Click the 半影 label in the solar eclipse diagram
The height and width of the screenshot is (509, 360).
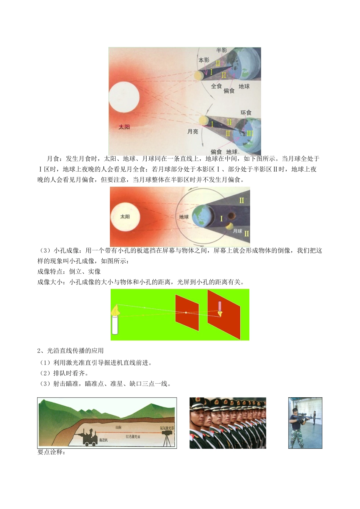[x=222, y=50]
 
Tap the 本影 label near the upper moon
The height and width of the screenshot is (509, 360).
[x=204, y=60]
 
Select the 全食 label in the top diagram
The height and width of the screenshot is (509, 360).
[x=216, y=86]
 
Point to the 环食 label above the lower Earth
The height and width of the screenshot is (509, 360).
[x=246, y=113]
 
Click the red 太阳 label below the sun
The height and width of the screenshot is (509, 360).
[x=124, y=127]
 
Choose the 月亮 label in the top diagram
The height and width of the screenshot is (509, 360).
[x=193, y=131]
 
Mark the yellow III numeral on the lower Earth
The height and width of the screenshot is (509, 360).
[x=250, y=133]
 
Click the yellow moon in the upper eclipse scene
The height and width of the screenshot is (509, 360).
[x=198, y=76]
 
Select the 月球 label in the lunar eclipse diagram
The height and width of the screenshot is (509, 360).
[x=238, y=231]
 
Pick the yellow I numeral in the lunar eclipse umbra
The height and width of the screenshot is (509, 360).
[x=222, y=219]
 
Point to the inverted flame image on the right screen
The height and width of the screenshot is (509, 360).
[x=220, y=313]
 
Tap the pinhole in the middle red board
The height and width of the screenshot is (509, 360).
[x=186, y=312]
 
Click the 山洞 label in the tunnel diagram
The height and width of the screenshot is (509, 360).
[x=118, y=427]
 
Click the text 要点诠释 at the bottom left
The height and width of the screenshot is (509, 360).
[x=52, y=452]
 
